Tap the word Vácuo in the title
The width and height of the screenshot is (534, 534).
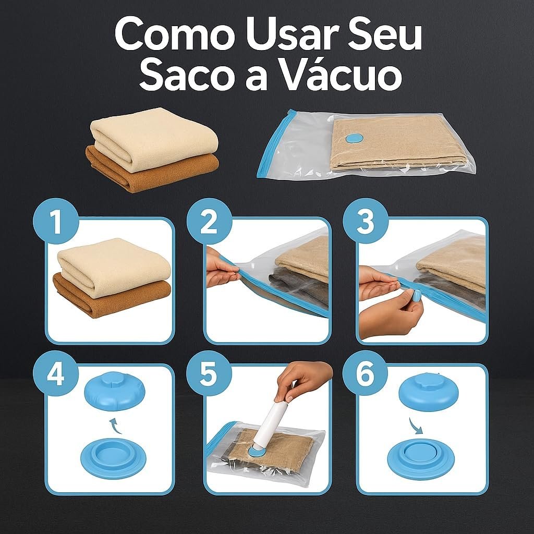point(342,75)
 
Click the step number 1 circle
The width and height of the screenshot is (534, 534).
point(55,221)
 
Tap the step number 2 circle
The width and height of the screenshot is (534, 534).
point(209,221)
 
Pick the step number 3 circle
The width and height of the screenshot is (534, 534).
point(365,221)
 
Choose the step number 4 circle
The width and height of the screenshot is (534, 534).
point(55,373)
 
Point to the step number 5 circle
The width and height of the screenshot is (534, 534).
point(209,373)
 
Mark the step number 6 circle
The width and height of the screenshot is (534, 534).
point(365,373)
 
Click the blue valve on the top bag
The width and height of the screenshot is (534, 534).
point(354,138)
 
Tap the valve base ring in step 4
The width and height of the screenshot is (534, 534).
point(113,458)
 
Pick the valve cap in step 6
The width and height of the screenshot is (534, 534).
point(429,391)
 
